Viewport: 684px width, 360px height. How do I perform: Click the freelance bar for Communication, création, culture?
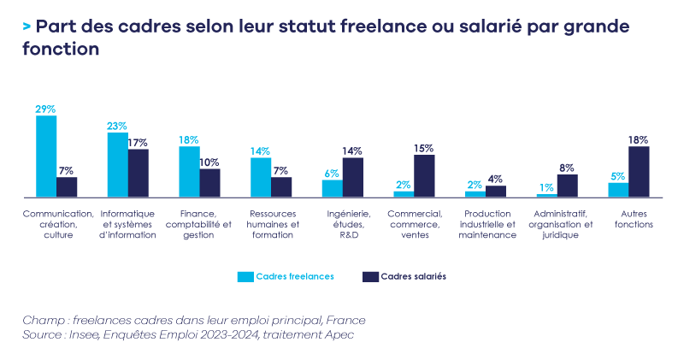coord(46,156)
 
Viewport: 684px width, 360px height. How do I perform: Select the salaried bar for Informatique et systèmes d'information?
coord(138,173)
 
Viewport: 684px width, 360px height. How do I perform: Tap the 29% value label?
coord(45,109)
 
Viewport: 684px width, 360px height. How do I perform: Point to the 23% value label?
coord(117,127)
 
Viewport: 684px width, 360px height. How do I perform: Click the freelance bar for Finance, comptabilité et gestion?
coord(189,171)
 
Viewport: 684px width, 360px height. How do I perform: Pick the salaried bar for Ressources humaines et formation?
coord(281,186)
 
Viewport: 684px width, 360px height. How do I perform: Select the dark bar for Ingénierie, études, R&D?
coord(353,177)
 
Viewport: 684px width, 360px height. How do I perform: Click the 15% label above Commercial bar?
coord(424,148)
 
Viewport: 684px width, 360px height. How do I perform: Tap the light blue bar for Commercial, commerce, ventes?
coord(404,193)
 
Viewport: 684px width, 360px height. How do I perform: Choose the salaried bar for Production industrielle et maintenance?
coord(496,191)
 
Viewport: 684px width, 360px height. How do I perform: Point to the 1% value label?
coord(546,187)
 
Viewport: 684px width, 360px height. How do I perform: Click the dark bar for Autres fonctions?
coord(639,171)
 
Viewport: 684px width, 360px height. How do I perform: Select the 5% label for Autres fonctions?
coord(618,176)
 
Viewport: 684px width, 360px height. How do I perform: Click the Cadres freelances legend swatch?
coord(245,277)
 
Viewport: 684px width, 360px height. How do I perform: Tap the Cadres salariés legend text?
coord(414,277)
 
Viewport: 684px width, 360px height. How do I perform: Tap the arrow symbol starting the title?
coord(27,27)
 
